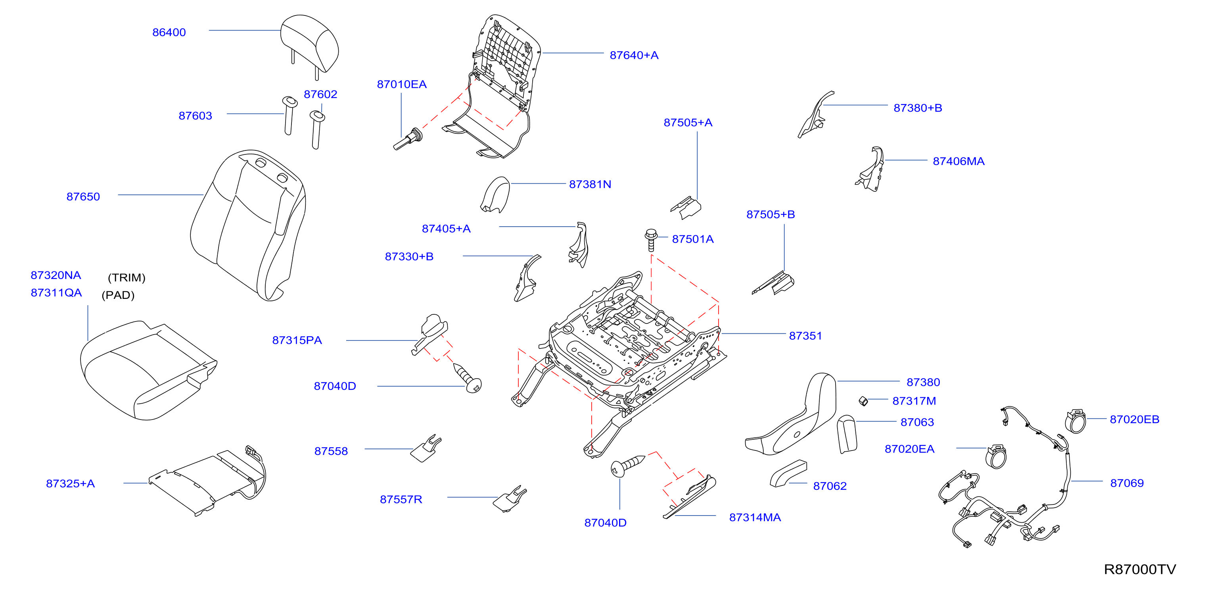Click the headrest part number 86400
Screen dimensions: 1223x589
pyautogui.click(x=169, y=32)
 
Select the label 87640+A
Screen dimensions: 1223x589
pyautogui.click(x=634, y=55)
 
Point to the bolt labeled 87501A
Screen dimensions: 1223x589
pyautogui.click(x=651, y=239)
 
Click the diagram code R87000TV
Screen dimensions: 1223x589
pyautogui.click(x=1140, y=569)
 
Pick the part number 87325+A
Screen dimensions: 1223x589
pyautogui.click(x=70, y=483)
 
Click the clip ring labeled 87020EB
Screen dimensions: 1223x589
pyautogui.click(x=1075, y=420)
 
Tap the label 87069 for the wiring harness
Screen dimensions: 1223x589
pyautogui.click(x=1127, y=483)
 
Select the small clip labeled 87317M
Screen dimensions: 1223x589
pyautogui.click(x=863, y=401)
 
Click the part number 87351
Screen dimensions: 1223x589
pyautogui.click(x=805, y=336)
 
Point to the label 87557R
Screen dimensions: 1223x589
pyautogui.click(x=401, y=499)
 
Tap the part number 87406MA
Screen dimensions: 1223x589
pyautogui.click(x=958, y=161)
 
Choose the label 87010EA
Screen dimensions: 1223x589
pyautogui.click(x=402, y=84)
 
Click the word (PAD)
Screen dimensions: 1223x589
pyautogui.click(x=118, y=295)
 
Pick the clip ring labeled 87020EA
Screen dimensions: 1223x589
pyautogui.click(x=996, y=456)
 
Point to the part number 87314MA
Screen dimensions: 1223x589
pyautogui.click(x=755, y=517)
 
